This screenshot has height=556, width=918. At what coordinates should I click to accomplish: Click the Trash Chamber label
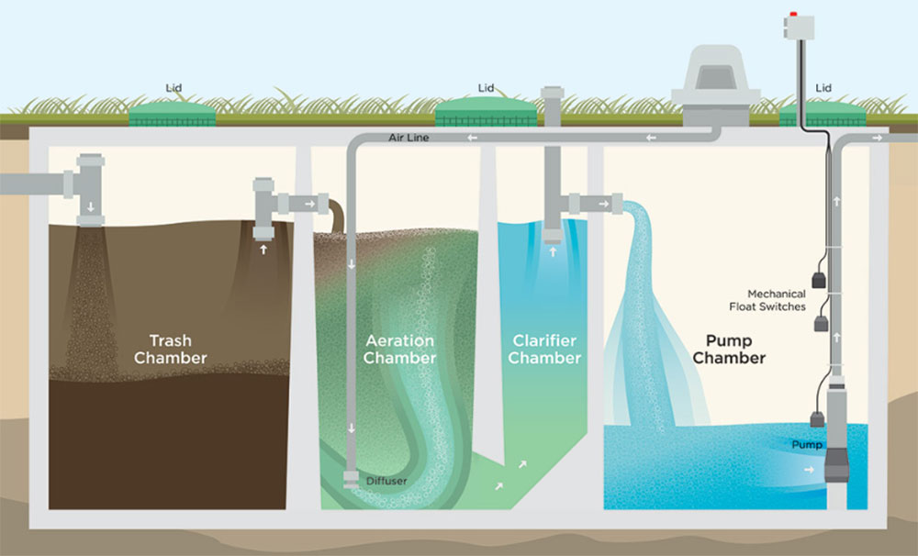[x=170, y=350]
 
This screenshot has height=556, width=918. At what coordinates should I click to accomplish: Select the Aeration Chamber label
[x=398, y=350]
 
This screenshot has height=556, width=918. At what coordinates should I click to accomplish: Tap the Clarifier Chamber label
[x=545, y=350]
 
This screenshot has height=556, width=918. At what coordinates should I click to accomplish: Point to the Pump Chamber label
[x=729, y=350]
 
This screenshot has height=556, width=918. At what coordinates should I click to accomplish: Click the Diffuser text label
[x=386, y=481]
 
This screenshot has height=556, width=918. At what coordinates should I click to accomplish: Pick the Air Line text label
[x=409, y=138]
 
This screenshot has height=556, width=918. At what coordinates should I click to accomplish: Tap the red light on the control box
[x=794, y=16]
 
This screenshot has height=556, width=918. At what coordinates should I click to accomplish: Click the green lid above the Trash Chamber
[x=173, y=114]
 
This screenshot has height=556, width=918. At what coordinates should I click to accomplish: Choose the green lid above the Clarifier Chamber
[x=487, y=114]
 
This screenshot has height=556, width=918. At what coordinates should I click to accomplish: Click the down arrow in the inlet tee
[x=90, y=206]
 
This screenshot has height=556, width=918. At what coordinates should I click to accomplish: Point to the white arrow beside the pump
[x=807, y=471]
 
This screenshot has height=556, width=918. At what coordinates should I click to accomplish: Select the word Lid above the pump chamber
[x=823, y=88]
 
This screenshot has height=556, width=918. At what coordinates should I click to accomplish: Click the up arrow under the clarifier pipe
[x=552, y=248]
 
